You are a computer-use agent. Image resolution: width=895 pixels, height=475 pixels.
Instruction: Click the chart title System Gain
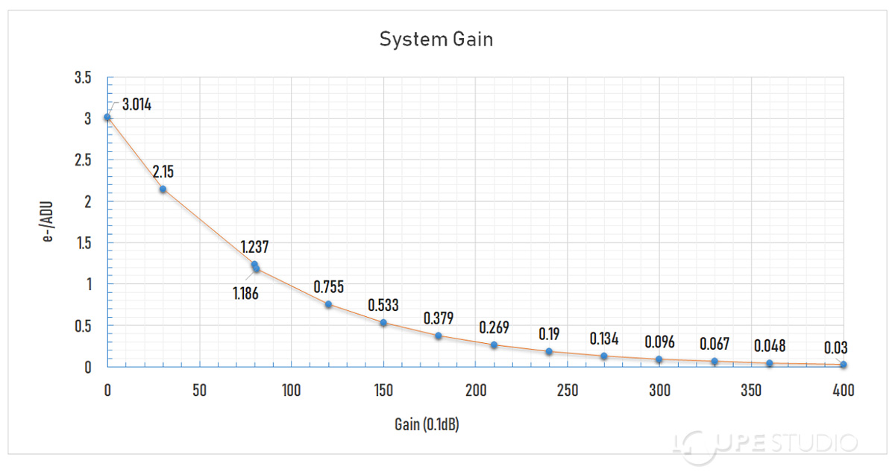pyautogui.click(x=436, y=40)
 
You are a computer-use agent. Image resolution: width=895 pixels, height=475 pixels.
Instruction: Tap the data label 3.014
pyautogui.click(x=136, y=104)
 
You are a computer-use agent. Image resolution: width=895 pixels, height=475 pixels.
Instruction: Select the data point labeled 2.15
pyautogui.click(x=163, y=189)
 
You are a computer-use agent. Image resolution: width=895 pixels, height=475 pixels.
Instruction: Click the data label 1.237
pyautogui.click(x=254, y=248)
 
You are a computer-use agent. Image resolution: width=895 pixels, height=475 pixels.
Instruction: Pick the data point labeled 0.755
pyautogui.click(x=328, y=304)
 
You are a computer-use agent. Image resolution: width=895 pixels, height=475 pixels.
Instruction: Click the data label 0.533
pyautogui.click(x=383, y=305)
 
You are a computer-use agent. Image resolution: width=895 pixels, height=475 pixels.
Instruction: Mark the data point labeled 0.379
pyautogui.click(x=439, y=336)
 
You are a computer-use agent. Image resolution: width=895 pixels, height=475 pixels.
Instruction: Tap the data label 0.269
pyautogui.click(x=494, y=327)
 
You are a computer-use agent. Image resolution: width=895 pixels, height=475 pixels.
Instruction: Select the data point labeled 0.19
pyautogui.click(x=549, y=351)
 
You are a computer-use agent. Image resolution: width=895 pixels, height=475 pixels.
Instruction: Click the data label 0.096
pyautogui.click(x=659, y=342)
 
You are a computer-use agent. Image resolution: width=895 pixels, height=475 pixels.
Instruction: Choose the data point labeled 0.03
pyautogui.click(x=843, y=365)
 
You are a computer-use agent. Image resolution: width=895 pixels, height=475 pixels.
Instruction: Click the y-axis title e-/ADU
pyautogui.click(x=51, y=221)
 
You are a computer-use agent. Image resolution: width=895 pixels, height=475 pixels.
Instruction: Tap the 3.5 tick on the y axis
pyautogui.click(x=83, y=78)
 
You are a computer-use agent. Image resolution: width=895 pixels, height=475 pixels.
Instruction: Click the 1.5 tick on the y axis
pyautogui.click(x=83, y=242)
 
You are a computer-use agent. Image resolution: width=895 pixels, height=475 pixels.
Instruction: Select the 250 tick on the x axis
pyautogui.click(x=568, y=389)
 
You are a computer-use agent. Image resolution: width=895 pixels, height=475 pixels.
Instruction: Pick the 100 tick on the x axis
pyautogui.click(x=292, y=389)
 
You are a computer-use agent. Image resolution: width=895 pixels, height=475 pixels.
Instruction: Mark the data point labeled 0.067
pyautogui.click(x=715, y=362)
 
